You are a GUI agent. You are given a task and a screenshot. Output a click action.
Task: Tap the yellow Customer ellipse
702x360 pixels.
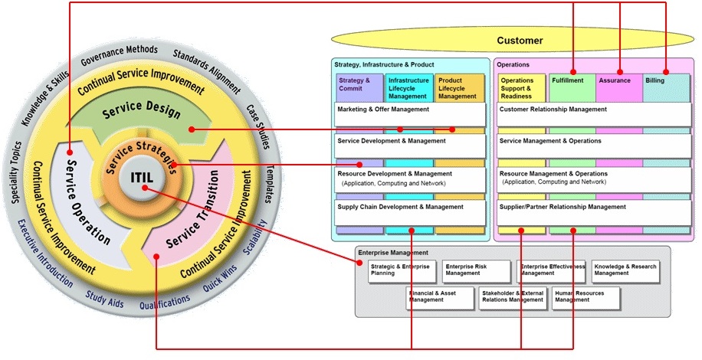pyautogui.click(x=519, y=41)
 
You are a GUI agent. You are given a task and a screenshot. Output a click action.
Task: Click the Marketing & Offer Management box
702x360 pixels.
pyautogui.click(x=410, y=114)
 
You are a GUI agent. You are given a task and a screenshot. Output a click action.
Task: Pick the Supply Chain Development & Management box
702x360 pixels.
pyautogui.click(x=410, y=212)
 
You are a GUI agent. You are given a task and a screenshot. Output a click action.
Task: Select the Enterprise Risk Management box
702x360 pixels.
pyautogui.click(x=475, y=271)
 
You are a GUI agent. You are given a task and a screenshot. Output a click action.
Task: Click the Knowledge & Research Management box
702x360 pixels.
pyautogui.click(x=625, y=271)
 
